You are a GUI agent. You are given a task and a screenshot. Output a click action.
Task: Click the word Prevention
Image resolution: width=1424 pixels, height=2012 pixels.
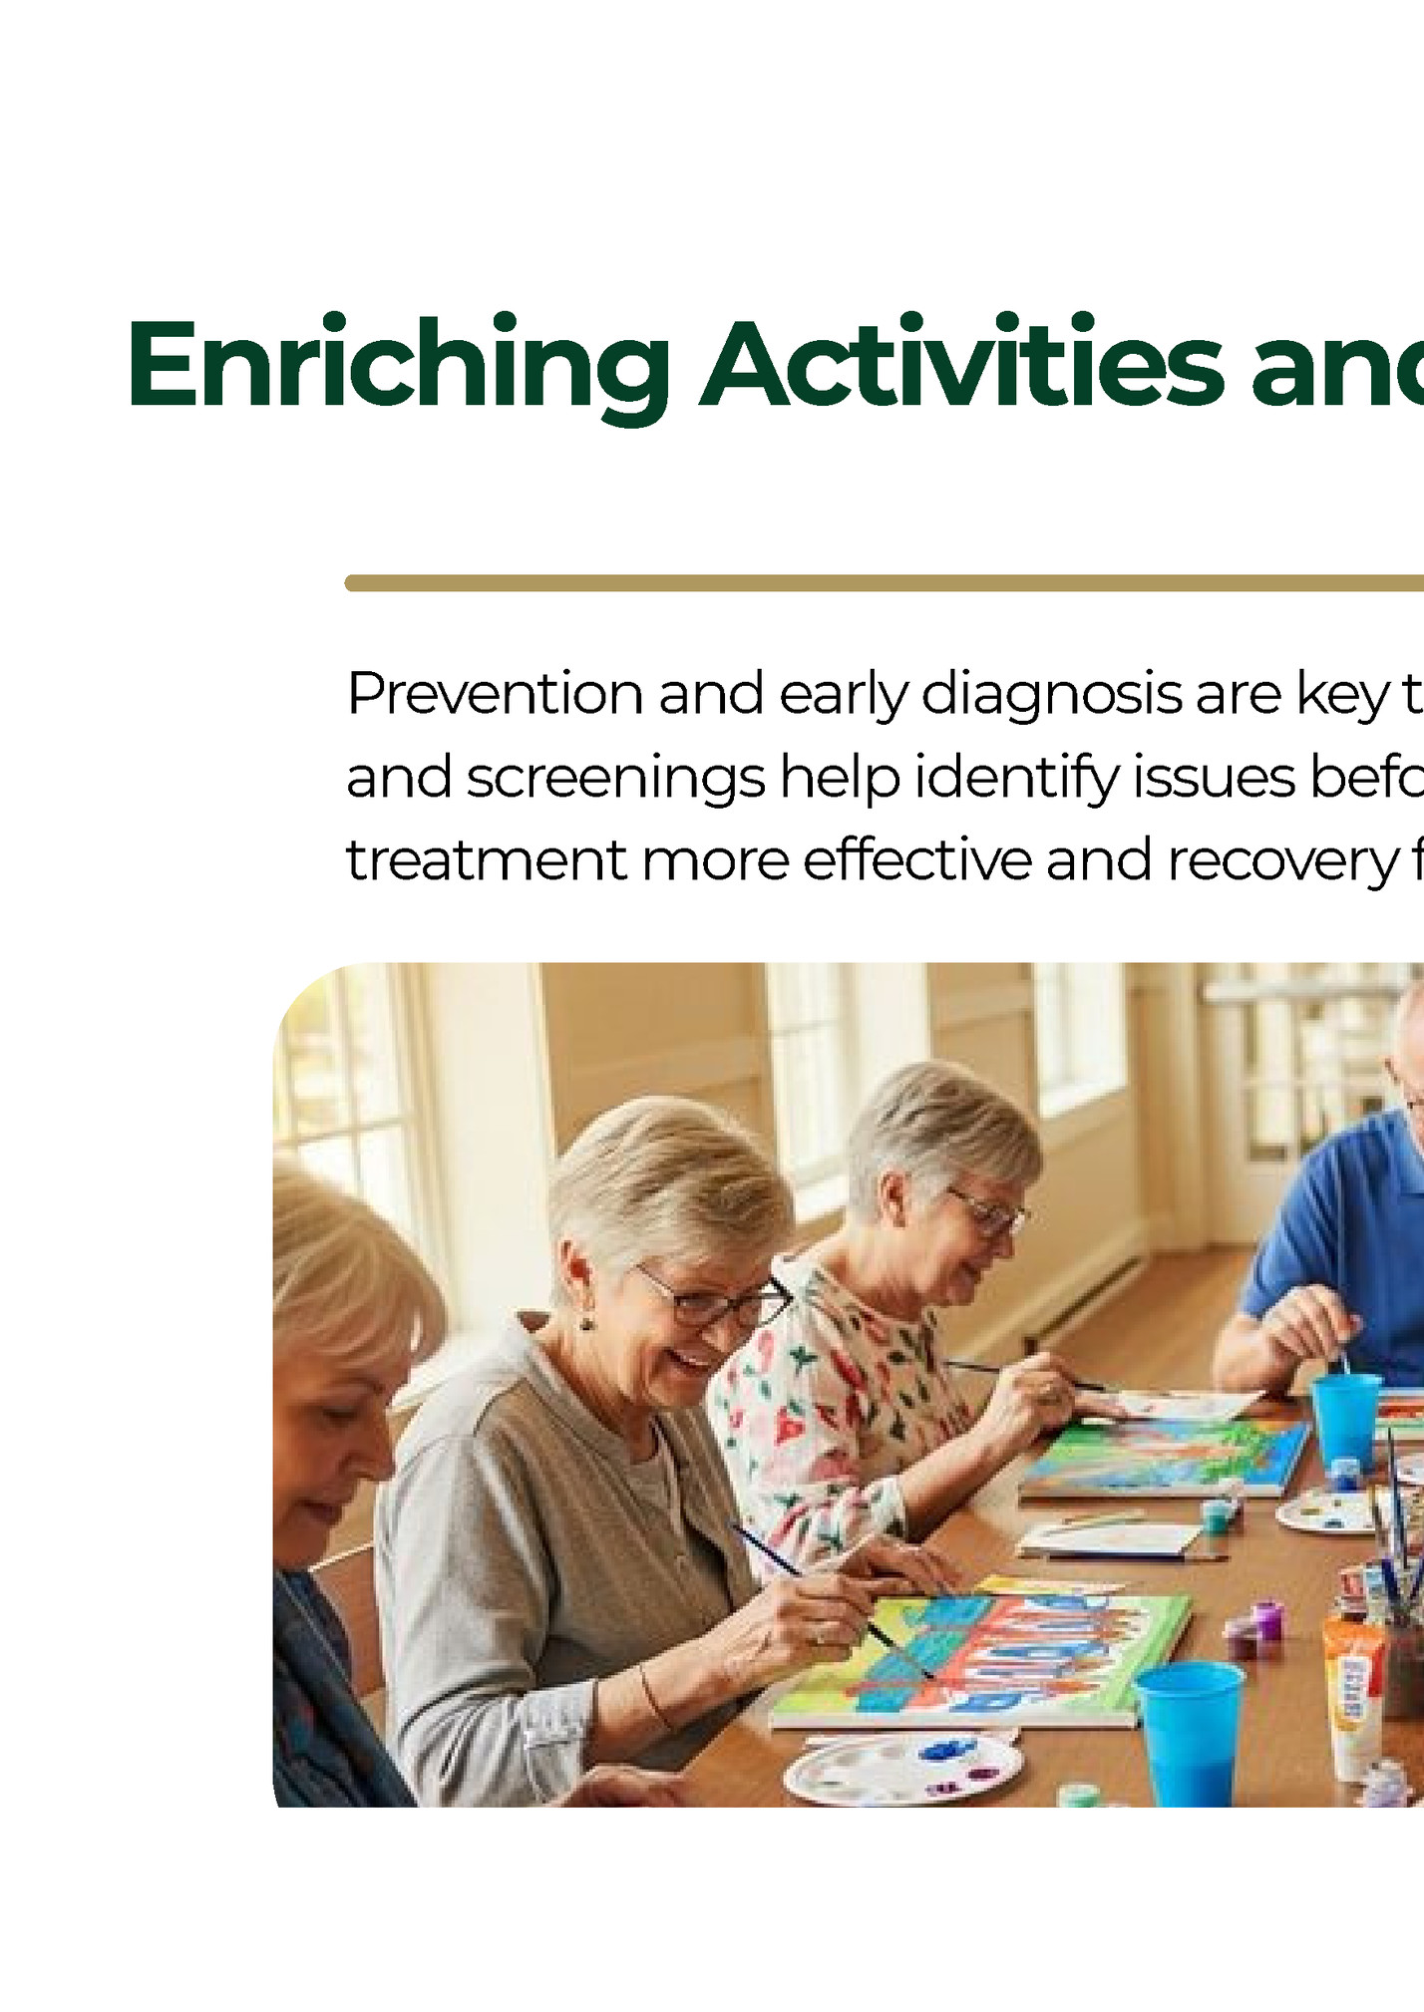[495, 694]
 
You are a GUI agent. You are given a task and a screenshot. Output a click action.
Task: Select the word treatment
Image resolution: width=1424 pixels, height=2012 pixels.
[487, 860]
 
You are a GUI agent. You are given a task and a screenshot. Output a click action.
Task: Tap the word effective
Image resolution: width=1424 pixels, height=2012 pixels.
[916, 860]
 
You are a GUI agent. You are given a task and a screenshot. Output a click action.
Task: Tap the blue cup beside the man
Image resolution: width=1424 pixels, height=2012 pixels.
[1345, 1420]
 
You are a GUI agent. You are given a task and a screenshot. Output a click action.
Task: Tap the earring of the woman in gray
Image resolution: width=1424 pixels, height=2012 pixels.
[586, 1324]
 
